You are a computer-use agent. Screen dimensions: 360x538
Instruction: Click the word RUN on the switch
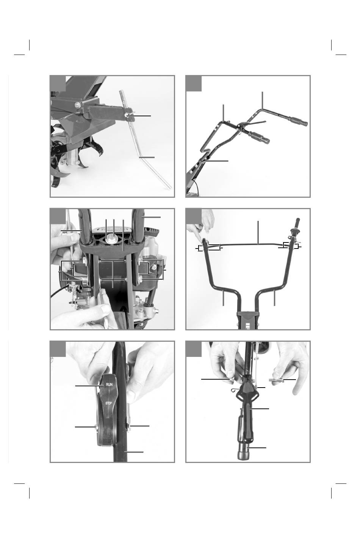tap(109, 385)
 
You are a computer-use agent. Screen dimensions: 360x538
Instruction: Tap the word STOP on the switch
tap(108, 403)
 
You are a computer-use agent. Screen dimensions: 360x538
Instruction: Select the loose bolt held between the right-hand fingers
tap(276, 380)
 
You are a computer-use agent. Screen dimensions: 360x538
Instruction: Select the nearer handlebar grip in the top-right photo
tap(259, 137)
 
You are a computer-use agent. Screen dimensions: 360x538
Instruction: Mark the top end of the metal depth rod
tap(121, 91)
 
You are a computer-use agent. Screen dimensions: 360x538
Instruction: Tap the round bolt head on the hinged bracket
tap(77, 104)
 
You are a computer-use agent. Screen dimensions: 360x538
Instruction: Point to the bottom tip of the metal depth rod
tap(170, 188)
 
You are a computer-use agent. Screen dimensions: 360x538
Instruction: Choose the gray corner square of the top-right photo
tap(194, 84)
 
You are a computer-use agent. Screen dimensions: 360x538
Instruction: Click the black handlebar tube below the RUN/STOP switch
tap(120, 453)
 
